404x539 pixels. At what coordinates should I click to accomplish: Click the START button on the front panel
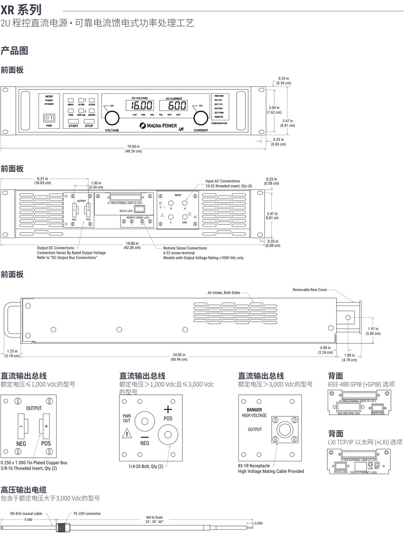point(73,121)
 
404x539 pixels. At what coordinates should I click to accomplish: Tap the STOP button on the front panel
point(89,121)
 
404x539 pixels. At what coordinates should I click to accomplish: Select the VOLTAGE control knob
point(112,118)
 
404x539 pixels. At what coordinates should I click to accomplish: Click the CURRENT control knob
point(200,118)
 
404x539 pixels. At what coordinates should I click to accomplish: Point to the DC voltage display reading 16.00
point(142,106)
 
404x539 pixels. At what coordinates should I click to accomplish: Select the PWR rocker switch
point(49,118)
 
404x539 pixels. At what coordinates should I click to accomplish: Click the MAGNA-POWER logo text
point(158,126)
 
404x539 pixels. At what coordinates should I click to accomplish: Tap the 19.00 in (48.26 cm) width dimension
point(133,149)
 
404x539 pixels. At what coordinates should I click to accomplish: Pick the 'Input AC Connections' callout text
point(223,181)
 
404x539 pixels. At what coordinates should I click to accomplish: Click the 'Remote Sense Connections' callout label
point(185,248)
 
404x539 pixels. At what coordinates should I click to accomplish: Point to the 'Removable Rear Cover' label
point(310,290)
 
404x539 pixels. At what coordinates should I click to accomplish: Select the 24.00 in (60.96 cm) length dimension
point(179,357)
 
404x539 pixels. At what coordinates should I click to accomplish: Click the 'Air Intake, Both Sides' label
point(224,292)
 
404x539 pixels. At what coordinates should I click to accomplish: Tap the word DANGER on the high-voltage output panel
point(254,410)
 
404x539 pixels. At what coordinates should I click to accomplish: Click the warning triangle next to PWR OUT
point(127,433)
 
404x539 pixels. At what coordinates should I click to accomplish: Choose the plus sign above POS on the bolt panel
point(168,409)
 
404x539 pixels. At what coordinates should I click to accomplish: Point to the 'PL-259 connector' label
point(87,513)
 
